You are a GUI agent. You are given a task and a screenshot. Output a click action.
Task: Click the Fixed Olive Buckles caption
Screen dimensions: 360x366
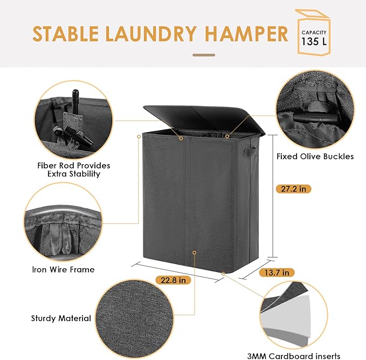click(315, 157)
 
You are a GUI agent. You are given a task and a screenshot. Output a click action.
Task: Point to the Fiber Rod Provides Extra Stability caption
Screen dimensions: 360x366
click(74, 169)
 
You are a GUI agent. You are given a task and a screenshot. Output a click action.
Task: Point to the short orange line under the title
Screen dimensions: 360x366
click(204, 55)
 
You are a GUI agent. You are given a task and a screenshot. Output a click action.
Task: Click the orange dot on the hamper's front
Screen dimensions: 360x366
click(194, 252)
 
